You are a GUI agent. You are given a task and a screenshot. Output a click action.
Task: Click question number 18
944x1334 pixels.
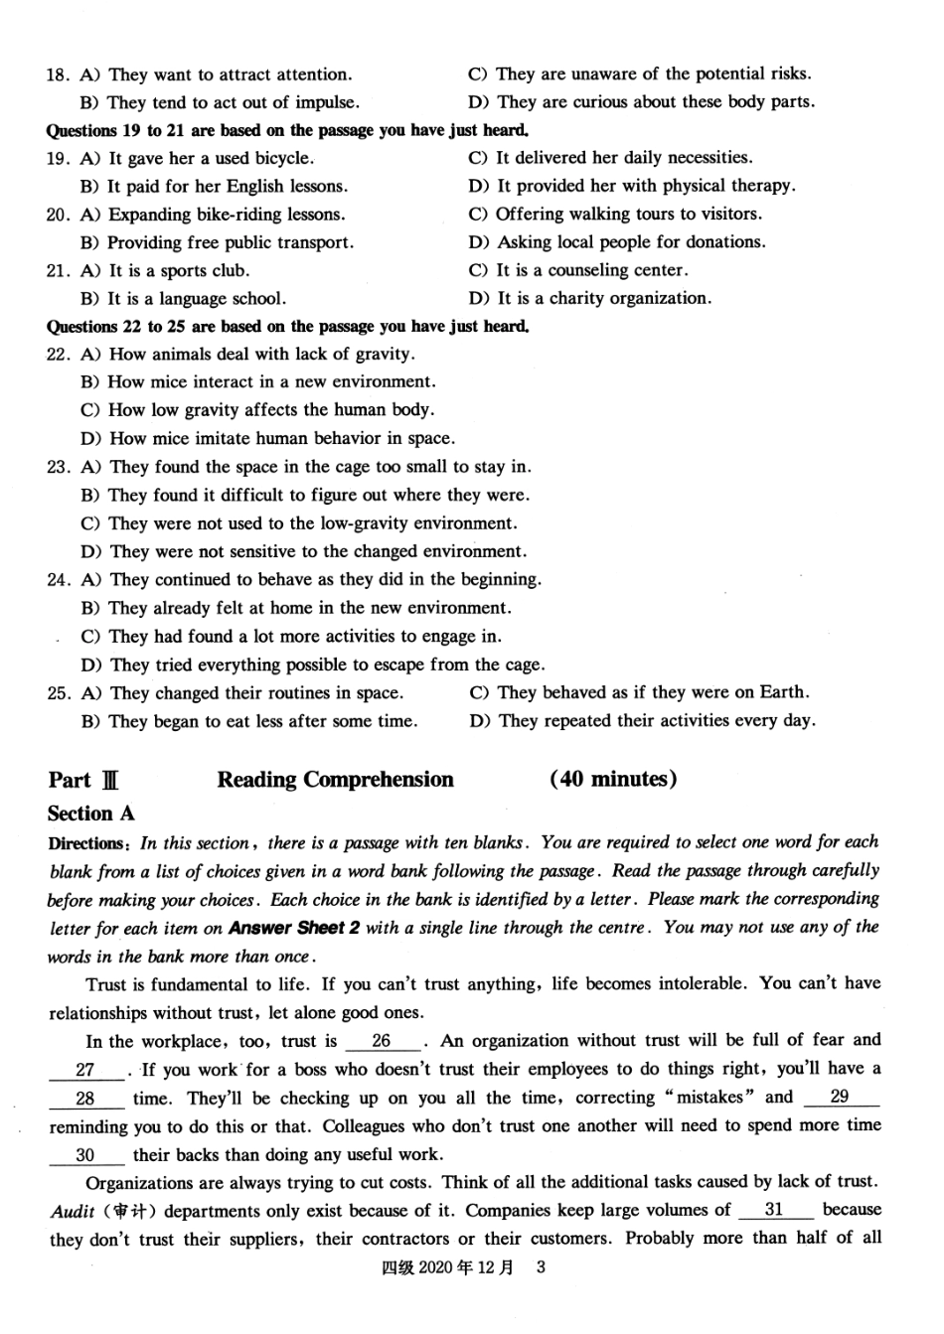(x=58, y=74)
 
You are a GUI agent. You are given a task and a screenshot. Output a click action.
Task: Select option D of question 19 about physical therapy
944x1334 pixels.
(x=631, y=186)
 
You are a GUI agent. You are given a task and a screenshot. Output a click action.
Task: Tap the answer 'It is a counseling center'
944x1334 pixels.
(x=578, y=270)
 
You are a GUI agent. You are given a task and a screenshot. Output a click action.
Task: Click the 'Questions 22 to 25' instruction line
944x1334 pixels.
(x=288, y=326)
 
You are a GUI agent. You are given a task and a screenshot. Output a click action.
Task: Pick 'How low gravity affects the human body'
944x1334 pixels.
(x=257, y=410)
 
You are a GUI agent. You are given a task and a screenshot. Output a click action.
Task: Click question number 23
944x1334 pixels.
(x=58, y=467)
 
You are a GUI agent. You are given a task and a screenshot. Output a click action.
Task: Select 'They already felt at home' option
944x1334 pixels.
(x=296, y=608)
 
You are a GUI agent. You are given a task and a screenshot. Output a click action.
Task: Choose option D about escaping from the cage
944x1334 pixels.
(x=313, y=665)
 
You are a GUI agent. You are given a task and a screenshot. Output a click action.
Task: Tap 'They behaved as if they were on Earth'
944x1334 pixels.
(x=640, y=692)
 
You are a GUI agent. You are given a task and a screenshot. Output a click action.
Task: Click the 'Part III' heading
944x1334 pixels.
(x=83, y=781)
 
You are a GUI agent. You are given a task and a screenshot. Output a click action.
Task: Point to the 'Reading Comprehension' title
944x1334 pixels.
(x=335, y=780)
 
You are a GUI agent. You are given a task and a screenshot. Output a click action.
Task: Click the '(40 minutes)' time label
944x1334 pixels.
(x=613, y=780)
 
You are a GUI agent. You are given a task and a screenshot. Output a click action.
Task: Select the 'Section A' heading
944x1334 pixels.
(x=90, y=814)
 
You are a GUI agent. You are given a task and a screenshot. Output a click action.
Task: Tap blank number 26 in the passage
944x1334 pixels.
(x=382, y=1042)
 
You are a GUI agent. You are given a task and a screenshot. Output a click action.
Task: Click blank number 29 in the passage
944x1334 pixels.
(x=840, y=1098)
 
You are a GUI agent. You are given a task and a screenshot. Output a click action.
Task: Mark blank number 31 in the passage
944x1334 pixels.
(x=774, y=1210)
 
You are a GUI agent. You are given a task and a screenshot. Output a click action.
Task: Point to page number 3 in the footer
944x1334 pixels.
(x=541, y=1267)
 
